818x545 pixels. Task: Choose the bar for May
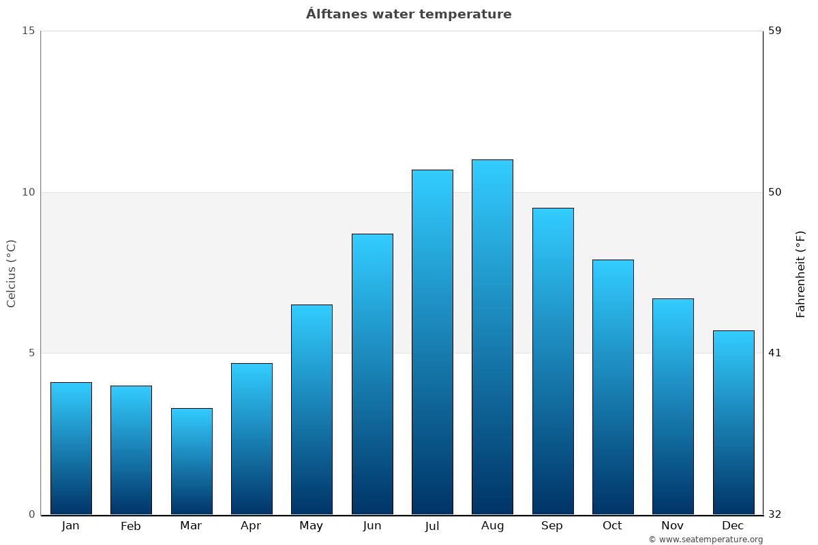click(312, 409)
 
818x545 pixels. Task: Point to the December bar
click(733, 422)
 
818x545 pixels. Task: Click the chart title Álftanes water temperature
click(408, 14)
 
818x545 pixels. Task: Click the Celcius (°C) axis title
click(11, 273)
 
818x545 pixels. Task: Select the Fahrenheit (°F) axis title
click(800, 273)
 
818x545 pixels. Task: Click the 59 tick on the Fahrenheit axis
click(774, 31)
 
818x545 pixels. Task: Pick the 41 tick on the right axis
click(774, 353)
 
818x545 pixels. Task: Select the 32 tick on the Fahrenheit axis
click(774, 514)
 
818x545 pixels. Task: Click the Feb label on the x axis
click(131, 526)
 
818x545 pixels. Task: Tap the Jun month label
click(372, 526)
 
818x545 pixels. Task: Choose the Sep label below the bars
click(552, 526)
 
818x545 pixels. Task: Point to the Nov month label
click(673, 526)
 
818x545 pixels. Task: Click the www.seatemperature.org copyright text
click(706, 540)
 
